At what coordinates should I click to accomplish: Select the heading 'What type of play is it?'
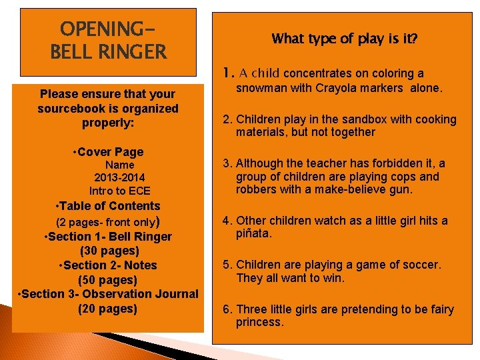tap(345, 39)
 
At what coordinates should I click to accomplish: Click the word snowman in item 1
tap(259, 89)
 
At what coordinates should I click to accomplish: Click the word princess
tap(259, 322)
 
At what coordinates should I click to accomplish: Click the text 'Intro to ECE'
tap(120, 191)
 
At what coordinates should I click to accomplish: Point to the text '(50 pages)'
tap(107, 279)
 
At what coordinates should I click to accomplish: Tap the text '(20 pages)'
tap(107, 308)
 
